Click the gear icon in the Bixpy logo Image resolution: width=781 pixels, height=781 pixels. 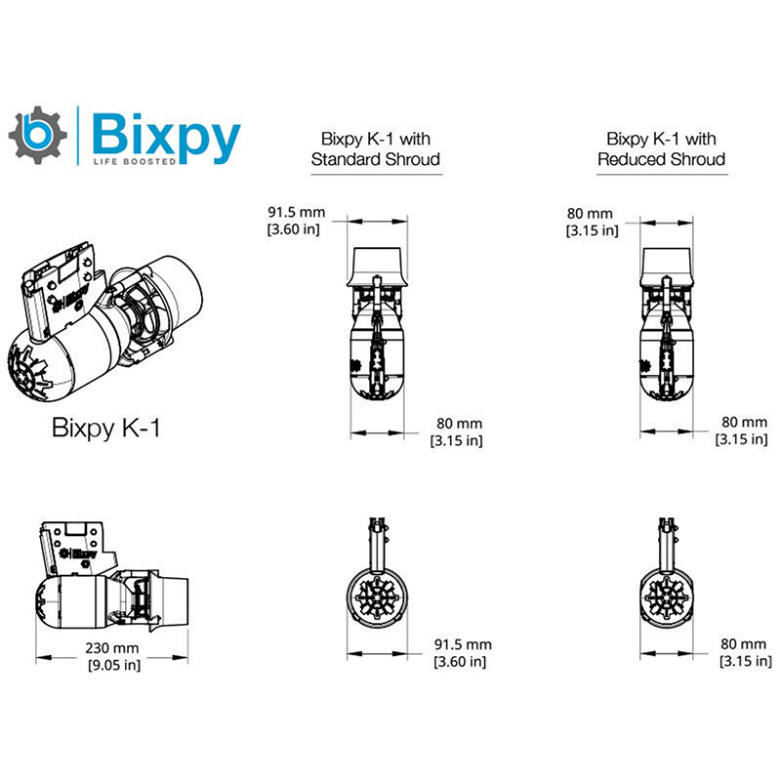point(38,136)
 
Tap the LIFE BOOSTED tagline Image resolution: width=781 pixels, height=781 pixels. point(134,160)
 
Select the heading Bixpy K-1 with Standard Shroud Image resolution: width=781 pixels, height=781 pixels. point(376,149)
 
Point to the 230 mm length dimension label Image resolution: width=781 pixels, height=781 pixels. point(112,656)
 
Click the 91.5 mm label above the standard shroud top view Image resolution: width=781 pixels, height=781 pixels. point(297,221)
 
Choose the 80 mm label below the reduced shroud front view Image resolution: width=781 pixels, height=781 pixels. point(744,653)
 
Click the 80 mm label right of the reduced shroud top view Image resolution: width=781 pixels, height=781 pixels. point(744,432)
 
